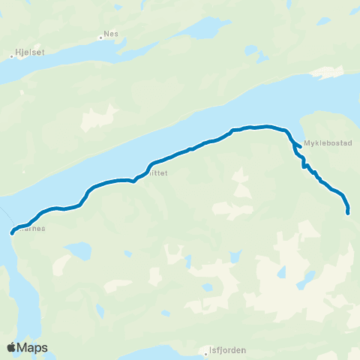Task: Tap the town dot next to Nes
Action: pyautogui.click(x=100, y=35)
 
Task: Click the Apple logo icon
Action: pyautogui.click(x=11, y=347)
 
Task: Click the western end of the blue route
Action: pyautogui.click(x=12, y=233)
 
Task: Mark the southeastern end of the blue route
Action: pyautogui.click(x=348, y=213)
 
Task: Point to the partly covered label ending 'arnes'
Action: pyautogui.click(x=34, y=229)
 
